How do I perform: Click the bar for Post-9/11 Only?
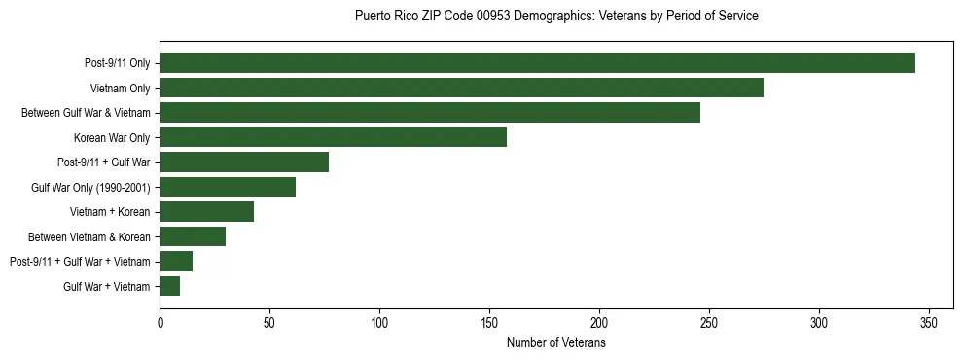[x=537, y=63]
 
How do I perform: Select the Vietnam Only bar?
[x=461, y=88]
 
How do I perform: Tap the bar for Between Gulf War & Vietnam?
[x=429, y=113]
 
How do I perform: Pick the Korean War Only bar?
[x=333, y=137]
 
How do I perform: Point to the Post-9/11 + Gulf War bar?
[x=244, y=162]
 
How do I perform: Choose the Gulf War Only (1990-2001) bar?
[x=228, y=187]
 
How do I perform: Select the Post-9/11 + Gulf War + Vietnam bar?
[x=176, y=262]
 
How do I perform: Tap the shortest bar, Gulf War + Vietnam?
[x=169, y=286]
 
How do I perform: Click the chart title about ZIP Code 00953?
[x=556, y=17]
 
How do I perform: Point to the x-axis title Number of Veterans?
[x=556, y=343]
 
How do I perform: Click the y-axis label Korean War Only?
[x=112, y=138]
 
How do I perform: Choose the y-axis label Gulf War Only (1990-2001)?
[x=89, y=188]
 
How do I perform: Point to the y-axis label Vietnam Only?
[x=120, y=89]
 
